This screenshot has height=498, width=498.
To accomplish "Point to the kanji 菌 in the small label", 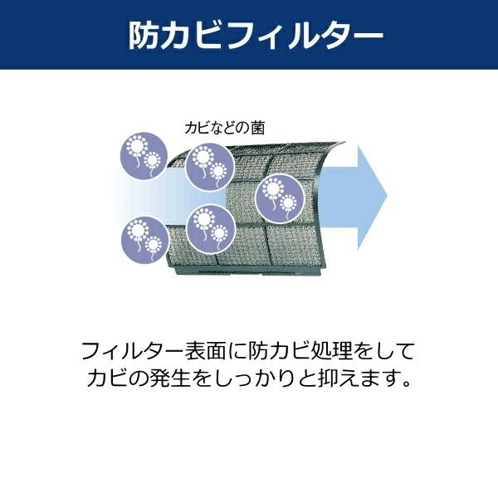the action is (268, 128).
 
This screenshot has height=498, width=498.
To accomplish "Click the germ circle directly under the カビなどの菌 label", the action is (208, 165).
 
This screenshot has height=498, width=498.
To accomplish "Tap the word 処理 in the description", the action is (330, 349).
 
